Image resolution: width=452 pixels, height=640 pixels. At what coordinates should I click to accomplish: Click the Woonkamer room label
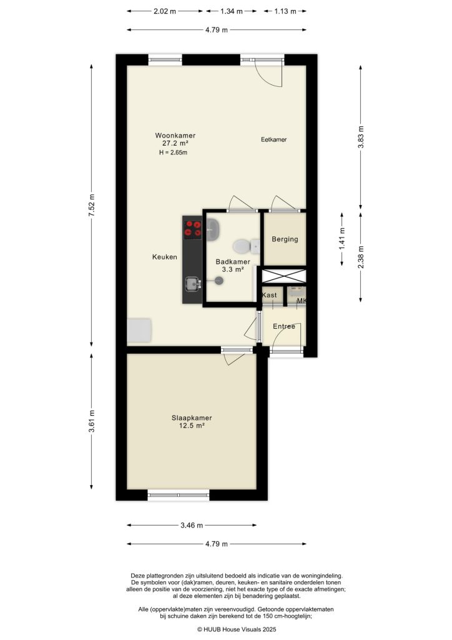click(x=175, y=135)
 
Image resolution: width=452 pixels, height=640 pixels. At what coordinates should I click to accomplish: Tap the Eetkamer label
click(x=273, y=140)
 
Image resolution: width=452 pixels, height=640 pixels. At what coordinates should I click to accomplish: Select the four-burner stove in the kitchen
click(x=192, y=228)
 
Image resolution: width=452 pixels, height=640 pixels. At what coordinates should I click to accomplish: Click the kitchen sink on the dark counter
click(x=192, y=285)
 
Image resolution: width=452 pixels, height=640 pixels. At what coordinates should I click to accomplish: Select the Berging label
click(x=285, y=239)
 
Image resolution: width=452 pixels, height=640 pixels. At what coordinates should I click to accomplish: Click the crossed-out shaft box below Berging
click(x=284, y=276)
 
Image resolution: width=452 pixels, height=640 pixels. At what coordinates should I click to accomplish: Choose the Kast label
click(x=270, y=294)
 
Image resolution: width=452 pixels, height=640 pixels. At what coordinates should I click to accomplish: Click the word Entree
click(x=284, y=326)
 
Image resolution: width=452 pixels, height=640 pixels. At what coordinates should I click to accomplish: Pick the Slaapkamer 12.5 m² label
click(x=192, y=422)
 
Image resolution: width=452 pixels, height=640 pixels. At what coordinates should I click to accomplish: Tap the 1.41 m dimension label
click(x=342, y=240)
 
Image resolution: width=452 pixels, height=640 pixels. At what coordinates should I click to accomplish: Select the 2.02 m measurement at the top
click(x=165, y=11)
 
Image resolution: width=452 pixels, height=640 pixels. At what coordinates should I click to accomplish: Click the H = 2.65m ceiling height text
click(x=173, y=152)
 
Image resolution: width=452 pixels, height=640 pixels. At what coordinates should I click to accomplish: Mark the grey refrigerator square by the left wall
click(x=139, y=331)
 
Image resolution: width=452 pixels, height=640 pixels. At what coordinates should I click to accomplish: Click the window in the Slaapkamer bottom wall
click(x=179, y=495)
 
